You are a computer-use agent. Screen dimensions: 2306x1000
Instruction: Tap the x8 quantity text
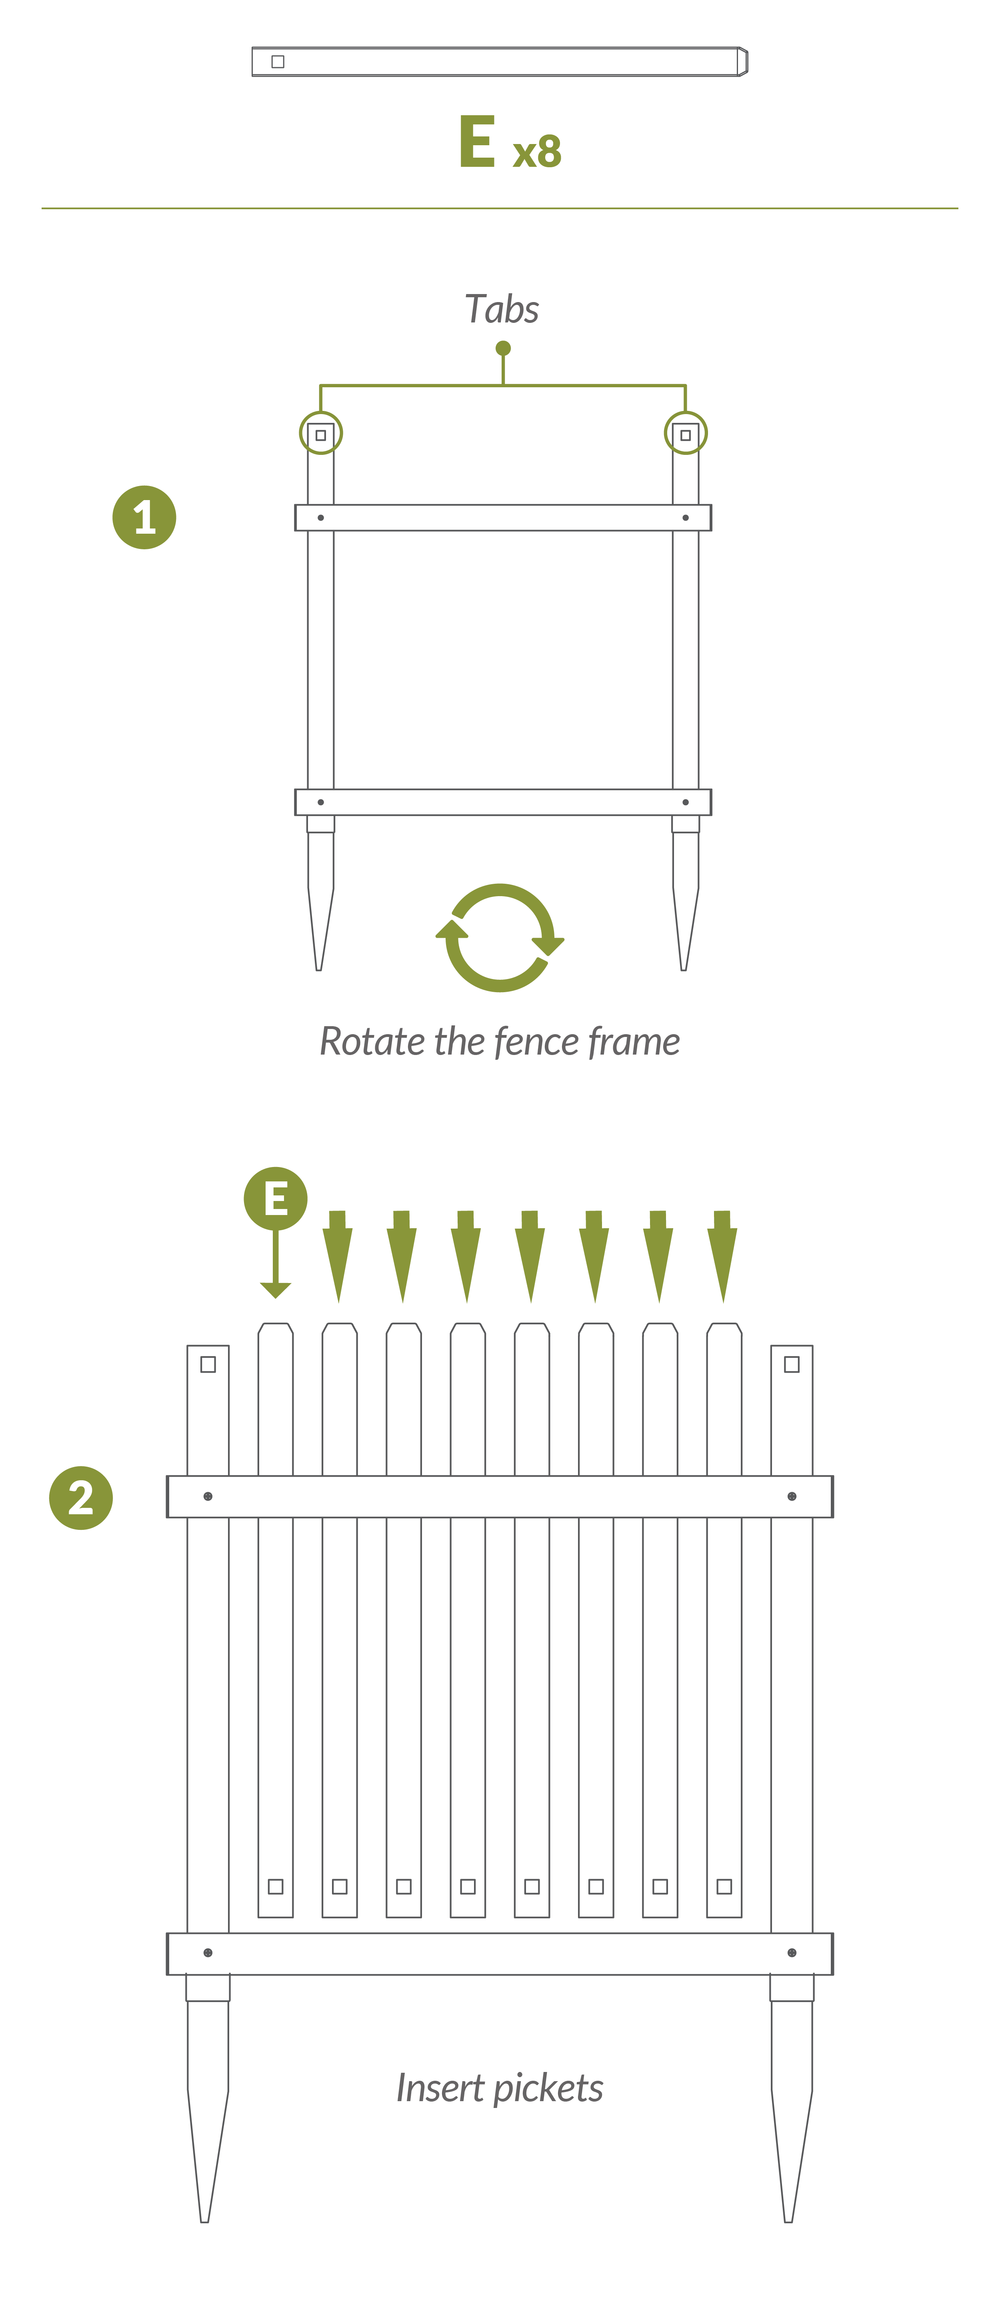(x=537, y=151)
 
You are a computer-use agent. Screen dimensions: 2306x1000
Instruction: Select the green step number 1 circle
(x=144, y=517)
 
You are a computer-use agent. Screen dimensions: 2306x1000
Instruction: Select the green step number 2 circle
(x=80, y=1497)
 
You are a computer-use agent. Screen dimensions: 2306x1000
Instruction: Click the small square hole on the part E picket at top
(x=278, y=62)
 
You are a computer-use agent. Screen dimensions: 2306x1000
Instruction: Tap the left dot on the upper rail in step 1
(x=320, y=517)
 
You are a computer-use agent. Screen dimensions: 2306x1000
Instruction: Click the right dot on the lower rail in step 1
(x=686, y=802)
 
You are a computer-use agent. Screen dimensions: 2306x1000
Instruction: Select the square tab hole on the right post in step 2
(x=792, y=1364)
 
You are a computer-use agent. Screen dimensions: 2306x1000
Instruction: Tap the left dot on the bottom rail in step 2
(x=208, y=1952)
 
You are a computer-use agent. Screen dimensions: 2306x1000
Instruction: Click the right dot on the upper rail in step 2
(x=792, y=1496)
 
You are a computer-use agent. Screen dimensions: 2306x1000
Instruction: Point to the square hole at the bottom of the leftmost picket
(x=276, y=1886)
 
